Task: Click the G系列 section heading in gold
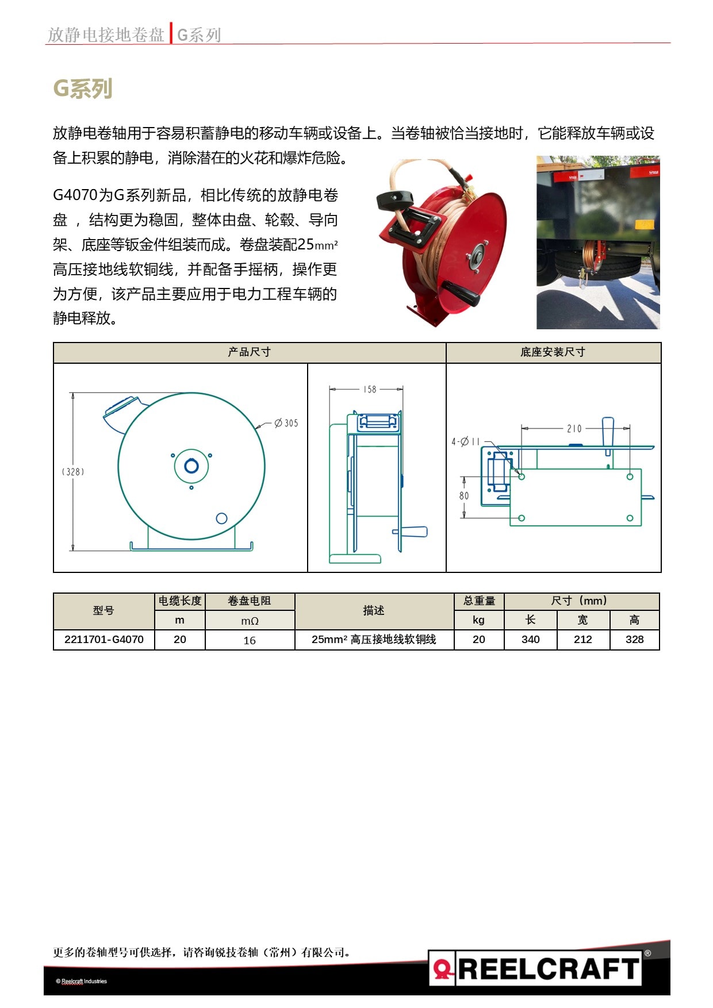(x=82, y=89)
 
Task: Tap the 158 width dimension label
(x=369, y=390)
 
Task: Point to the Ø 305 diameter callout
(x=286, y=424)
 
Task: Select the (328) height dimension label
(x=73, y=472)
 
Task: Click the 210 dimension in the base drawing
(x=574, y=429)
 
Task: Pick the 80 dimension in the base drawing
(x=464, y=495)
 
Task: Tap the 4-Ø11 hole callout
(x=465, y=442)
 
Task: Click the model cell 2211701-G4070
(x=104, y=640)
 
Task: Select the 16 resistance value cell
(x=250, y=640)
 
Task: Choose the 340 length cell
(x=530, y=640)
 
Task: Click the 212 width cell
(x=582, y=640)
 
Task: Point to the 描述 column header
(x=374, y=610)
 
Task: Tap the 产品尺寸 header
(x=249, y=352)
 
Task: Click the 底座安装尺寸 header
(x=553, y=352)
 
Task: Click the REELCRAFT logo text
(x=549, y=968)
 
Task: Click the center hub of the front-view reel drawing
(x=191, y=466)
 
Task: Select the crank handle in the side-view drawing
(x=415, y=532)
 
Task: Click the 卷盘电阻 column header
(x=250, y=601)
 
